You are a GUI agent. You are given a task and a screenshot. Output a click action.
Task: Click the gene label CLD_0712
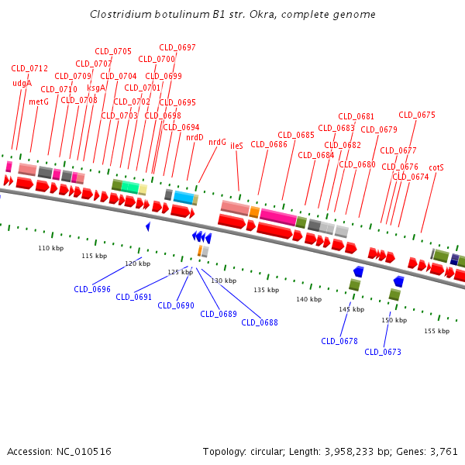click(x=29, y=68)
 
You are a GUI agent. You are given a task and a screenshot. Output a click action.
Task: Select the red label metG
click(x=39, y=102)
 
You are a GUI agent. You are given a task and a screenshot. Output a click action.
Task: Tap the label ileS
click(x=236, y=146)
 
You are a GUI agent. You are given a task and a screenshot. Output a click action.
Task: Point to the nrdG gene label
click(x=217, y=143)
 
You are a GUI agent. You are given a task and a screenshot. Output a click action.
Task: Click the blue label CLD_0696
click(x=92, y=289)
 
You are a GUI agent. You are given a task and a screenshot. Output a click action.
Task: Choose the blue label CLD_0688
click(x=260, y=322)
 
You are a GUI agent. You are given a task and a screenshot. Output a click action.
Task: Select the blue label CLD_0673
click(x=383, y=352)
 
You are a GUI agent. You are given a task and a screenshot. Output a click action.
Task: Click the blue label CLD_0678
click(x=339, y=341)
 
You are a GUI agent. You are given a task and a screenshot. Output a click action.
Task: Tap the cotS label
click(x=436, y=168)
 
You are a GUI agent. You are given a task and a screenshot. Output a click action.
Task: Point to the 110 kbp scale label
click(x=50, y=248)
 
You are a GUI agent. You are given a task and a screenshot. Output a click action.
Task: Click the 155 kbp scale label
click(x=436, y=331)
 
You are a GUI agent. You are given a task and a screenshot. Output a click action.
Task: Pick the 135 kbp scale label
click(x=266, y=290)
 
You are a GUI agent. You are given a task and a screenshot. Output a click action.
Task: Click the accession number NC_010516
click(x=84, y=452)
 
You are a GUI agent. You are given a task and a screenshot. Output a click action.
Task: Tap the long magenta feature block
click(x=278, y=217)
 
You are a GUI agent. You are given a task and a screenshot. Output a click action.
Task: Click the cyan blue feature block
click(x=184, y=197)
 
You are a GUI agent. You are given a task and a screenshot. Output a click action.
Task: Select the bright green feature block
click(x=130, y=187)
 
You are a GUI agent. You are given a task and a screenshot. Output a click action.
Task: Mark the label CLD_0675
click(x=417, y=115)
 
